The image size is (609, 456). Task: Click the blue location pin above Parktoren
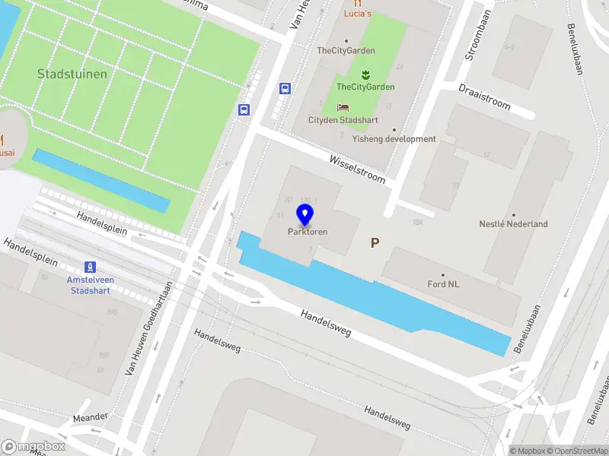pyautogui.click(x=306, y=215)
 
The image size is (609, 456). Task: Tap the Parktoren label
pyautogui.click(x=308, y=232)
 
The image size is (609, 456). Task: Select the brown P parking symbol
pyautogui.click(x=375, y=243)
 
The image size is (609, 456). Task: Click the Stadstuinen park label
pyautogui.click(x=72, y=74)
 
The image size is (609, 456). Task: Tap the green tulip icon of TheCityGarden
pyautogui.click(x=365, y=74)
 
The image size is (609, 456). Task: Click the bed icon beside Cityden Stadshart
pyautogui.click(x=343, y=108)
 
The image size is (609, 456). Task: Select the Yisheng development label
pyautogui.click(x=394, y=139)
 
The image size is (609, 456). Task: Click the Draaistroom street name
pyautogui.click(x=484, y=97)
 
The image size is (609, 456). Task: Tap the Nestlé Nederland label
pyautogui.click(x=513, y=224)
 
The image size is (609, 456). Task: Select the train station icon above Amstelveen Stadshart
pyautogui.click(x=91, y=267)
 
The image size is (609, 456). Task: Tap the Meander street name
pyautogui.click(x=91, y=417)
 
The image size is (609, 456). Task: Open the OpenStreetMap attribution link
pyautogui.click(x=576, y=450)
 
